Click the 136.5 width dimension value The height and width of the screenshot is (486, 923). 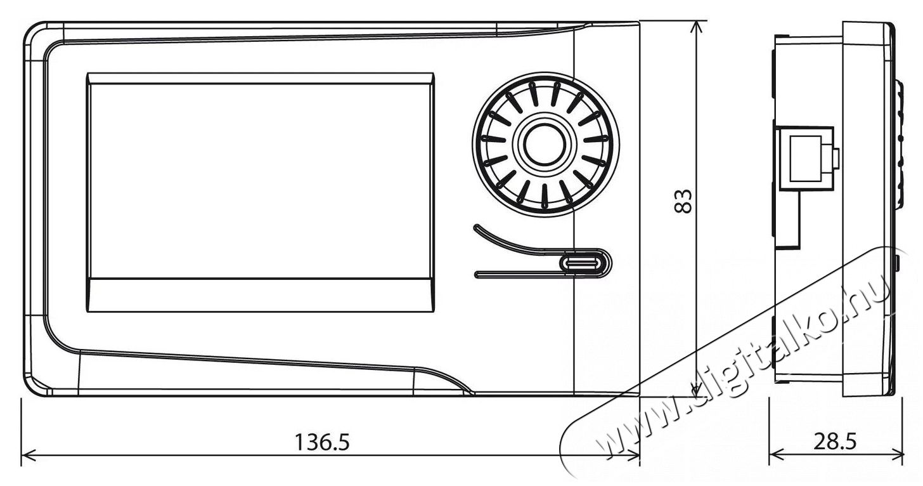click(x=322, y=442)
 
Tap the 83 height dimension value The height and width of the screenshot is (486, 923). click(x=683, y=201)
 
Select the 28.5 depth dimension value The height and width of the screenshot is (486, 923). click(x=836, y=442)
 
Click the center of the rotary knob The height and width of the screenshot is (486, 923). click(x=546, y=145)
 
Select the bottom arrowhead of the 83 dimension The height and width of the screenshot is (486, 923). click(x=695, y=390)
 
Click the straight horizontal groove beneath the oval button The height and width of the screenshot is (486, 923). click(x=519, y=274)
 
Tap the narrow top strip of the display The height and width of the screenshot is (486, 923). click(x=261, y=79)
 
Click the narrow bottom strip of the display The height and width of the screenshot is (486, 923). click(x=261, y=296)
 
